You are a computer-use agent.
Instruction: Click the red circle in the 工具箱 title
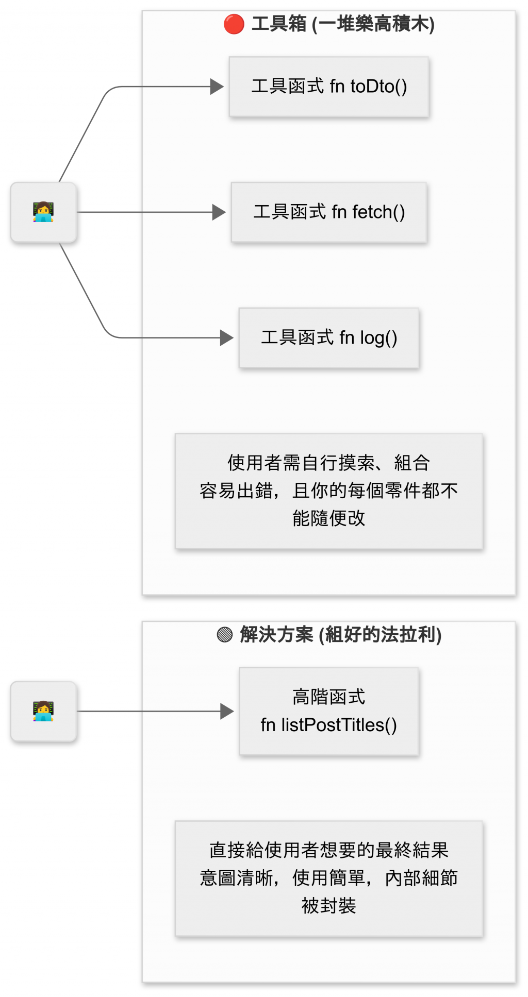point(234,24)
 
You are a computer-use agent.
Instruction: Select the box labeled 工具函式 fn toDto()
point(329,87)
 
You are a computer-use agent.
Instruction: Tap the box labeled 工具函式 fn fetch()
point(329,212)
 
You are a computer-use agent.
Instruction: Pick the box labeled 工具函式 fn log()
point(329,337)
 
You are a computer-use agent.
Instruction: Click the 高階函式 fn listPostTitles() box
point(329,711)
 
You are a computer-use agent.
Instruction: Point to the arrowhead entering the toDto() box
point(217,87)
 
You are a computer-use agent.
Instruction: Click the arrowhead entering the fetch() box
point(219,212)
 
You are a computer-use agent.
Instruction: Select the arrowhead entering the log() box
point(227,337)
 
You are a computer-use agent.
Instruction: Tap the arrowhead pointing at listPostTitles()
point(227,711)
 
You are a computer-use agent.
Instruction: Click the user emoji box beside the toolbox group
point(44,212)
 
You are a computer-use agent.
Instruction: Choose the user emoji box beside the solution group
point(44,711)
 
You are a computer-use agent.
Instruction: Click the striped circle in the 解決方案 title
point(225,634)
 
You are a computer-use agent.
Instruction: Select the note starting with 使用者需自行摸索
point(329,491)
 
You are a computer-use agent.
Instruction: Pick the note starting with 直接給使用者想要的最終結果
point(329,878)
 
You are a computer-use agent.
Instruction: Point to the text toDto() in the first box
point(379,87)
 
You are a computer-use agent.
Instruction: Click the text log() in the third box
point(378,338)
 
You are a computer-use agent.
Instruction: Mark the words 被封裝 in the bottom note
point(329,905)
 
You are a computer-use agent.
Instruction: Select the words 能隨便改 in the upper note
point(329,518)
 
